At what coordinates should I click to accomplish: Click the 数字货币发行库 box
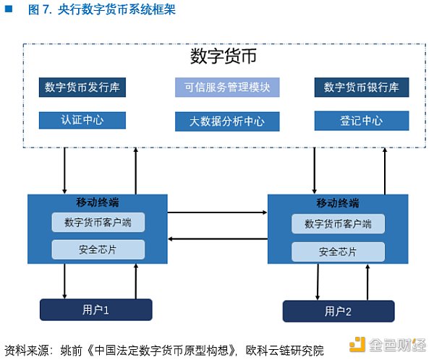[x=82, y=88]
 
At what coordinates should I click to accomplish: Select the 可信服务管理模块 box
[x=227, y=88]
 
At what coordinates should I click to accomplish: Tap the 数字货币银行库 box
[x=362, y=88]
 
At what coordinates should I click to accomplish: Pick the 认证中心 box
[x=82, y=120]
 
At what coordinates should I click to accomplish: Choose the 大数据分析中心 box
[x=227, y=121]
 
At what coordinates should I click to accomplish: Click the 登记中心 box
[x=362, y=121]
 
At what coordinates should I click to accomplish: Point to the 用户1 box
[x=95, y=310]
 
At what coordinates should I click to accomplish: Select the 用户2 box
[x=338, y=312]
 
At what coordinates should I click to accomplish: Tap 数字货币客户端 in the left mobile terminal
[x=98, y=222]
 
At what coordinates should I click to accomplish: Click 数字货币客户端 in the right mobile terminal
[x=339, y=223]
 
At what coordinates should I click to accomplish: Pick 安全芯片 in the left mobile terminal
[x=98, y=250]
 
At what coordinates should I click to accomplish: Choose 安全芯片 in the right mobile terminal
[x=339, y=252]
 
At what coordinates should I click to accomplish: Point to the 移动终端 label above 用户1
[x=97, y=202]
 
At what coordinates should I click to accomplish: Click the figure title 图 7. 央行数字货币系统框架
[x=101, y=11]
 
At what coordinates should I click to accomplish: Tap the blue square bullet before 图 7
[x=8, y=10]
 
